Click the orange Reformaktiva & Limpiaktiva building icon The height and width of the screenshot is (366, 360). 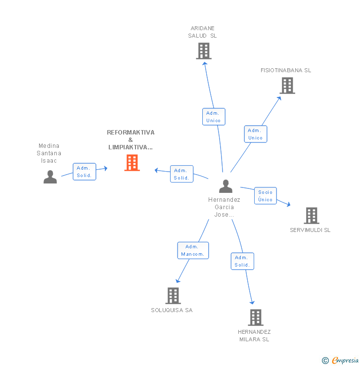[x=132, y=163]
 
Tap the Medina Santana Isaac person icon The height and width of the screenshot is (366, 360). [x=50, y=177]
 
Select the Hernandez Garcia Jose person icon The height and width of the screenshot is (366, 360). [x=225, y=186]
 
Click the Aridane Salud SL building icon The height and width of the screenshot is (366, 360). [x=203, y=50]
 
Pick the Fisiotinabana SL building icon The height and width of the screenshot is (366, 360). [x=287, y=86]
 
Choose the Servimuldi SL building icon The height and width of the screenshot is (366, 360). [x=311, y=216]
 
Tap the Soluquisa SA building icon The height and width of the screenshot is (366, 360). [x=173, y=295]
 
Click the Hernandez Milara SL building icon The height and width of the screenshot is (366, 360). [x=255, y=317]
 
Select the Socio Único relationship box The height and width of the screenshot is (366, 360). [x=265, y=195]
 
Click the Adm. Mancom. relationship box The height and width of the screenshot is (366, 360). [x=193, y=250]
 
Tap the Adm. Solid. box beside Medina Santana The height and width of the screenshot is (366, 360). [x=84, y=172]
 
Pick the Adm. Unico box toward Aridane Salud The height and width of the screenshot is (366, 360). [x=214, y=117]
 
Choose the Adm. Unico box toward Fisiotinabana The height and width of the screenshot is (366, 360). [x=255, y=134]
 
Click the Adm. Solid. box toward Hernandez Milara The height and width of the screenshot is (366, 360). [x=242, y=261]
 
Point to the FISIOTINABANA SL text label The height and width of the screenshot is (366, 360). [x=286, y=70]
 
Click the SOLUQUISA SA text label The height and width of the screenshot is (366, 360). [x=172, y=310]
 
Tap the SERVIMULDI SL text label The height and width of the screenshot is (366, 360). [x=310, y=230]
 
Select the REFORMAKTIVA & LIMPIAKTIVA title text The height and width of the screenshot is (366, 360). [x=131, y=139]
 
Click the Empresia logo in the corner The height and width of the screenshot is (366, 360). [x=341, y=361]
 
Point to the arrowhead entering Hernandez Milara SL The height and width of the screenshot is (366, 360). [x=252, y=302]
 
